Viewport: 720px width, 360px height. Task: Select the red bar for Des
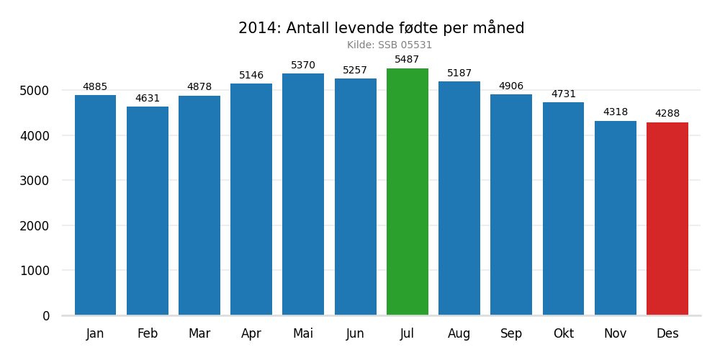pos(667,219)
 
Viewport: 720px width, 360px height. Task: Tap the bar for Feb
pos(148,211)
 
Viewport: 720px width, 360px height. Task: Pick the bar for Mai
pos(303,194)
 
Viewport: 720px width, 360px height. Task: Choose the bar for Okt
pos(563,209)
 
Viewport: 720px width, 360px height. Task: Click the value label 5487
pos(407,60)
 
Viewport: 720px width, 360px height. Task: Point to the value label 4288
pos(667,114)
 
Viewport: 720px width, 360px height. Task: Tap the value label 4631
pos(148,99)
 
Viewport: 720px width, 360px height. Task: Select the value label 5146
pos(251,76)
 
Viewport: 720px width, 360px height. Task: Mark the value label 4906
pos(511,86)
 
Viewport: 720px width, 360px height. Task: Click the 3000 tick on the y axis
pos(35,181)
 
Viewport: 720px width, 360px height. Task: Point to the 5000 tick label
pos(35,91)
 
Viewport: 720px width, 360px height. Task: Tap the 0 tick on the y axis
pos(46,316)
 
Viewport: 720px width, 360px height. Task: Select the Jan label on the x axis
pos(95,334)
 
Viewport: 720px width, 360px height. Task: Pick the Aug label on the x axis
pos(459,334)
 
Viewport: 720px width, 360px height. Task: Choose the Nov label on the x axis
pos(615,334)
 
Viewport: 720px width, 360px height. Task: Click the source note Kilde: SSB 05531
pos(390,45)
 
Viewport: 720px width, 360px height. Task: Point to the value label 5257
pos(355,71)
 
